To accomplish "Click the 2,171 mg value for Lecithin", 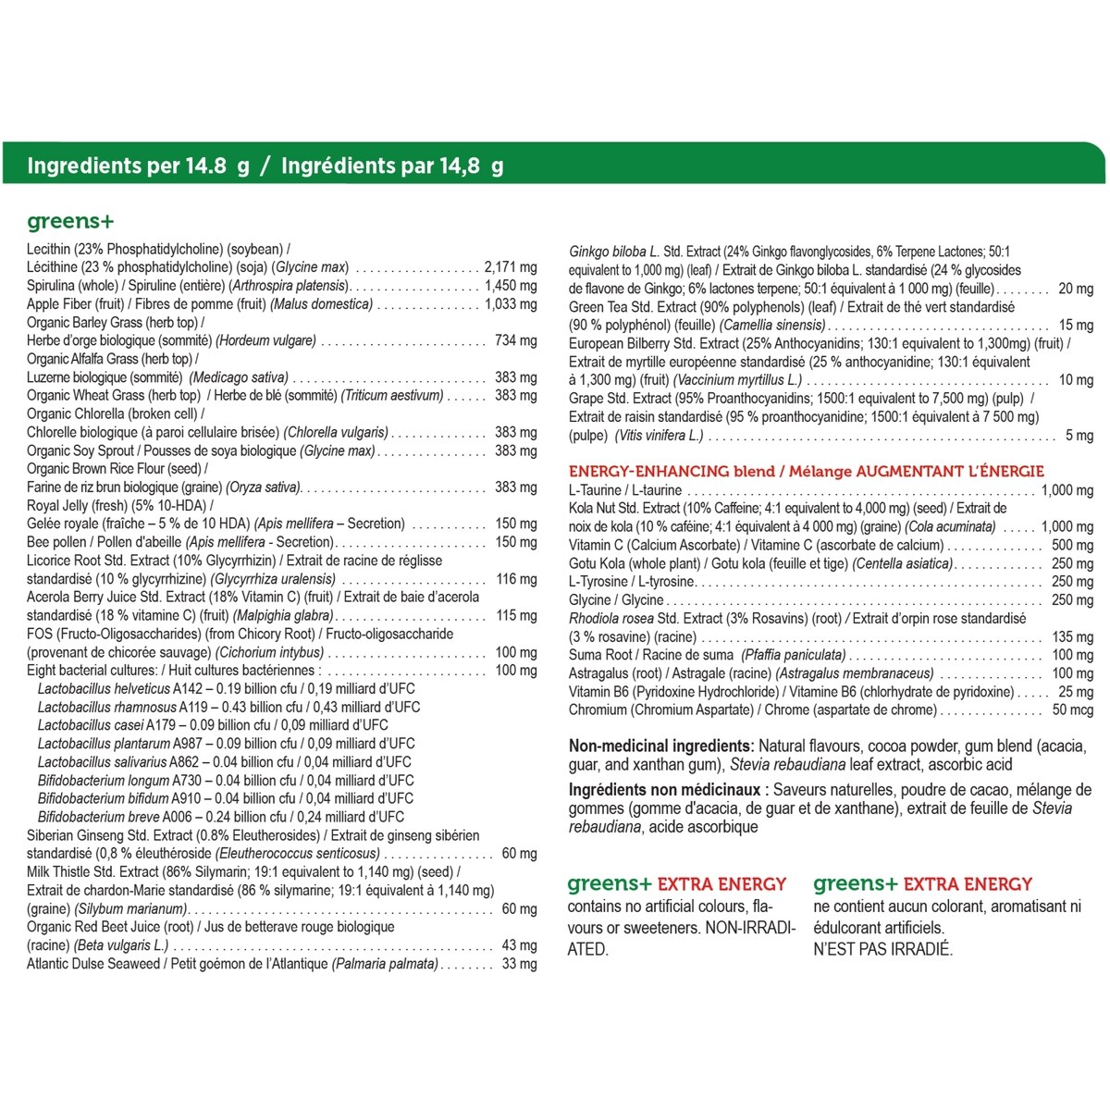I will (x=510, y=267).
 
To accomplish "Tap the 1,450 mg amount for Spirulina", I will (x=510, y=286).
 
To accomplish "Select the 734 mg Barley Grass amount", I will (x=515, y=340).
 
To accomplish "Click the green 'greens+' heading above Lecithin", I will (x=70, y=221).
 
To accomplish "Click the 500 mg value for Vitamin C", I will (x=1072, y=546).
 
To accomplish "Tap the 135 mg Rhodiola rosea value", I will (x=1072, y=637).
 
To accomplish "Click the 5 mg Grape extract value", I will (x=1079, y=436).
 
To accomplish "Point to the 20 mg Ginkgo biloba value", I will (x=1075, y=289).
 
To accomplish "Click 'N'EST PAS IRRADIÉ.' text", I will (x=882, y=949).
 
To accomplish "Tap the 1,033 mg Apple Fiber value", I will (x=510, y=304).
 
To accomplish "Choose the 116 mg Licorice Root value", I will (x=515, y=579).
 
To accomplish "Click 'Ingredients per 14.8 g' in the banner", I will (x=138, y=166).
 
